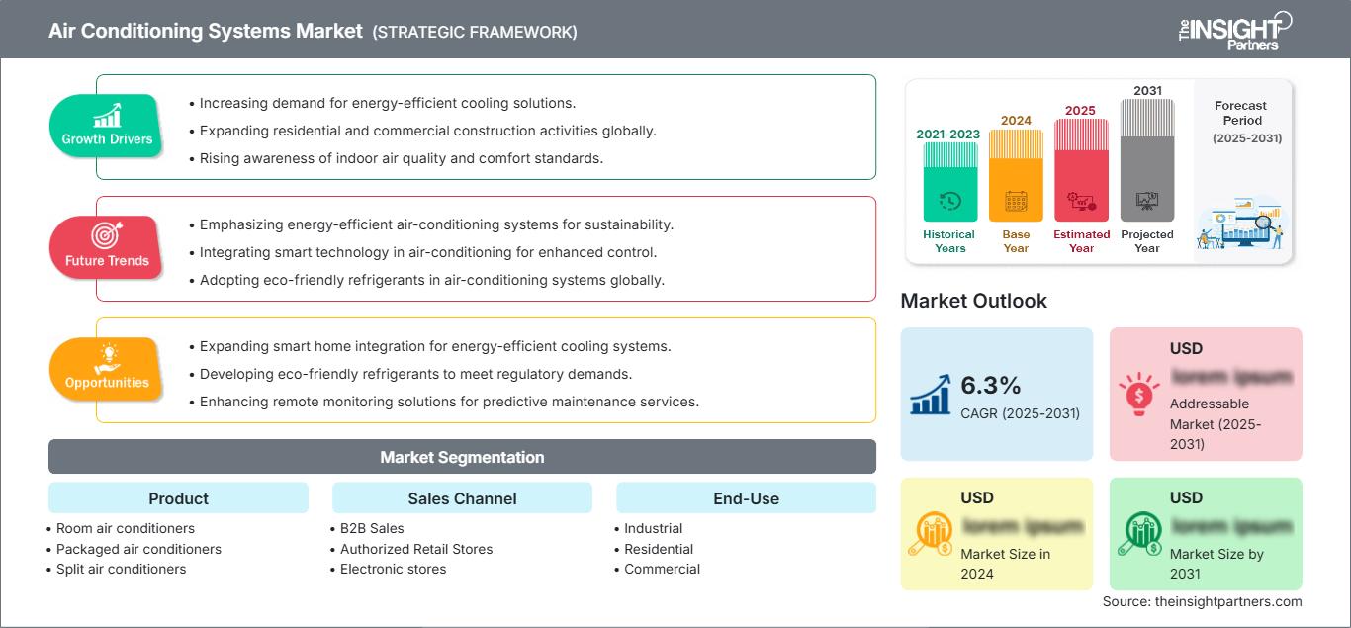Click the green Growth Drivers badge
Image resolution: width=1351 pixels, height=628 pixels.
(x=107, y=126)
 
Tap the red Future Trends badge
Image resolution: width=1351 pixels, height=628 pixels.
(x=107, y=247)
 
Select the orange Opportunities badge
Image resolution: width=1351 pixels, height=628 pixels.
(x=107, y=369)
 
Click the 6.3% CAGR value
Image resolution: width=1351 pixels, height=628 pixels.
(x=990, y=385)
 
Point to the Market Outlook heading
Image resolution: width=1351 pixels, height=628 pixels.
(x=973, y=301)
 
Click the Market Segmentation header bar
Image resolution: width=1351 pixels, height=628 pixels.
(x=462, y=457)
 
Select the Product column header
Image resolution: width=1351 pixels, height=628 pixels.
(x=178, y=498)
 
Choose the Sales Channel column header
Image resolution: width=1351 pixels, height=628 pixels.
(x=462, y=498)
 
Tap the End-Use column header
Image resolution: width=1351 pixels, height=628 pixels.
(x=746, y=498)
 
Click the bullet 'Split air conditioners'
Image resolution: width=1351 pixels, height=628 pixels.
(x=121, y=569)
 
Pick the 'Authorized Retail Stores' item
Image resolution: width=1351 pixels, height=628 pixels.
(x=415, y=549)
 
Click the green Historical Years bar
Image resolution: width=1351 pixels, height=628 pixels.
(x=949, y=182)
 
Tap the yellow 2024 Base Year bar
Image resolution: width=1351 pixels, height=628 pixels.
(x=1016, y=176)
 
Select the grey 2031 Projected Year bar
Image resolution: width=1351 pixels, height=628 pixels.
(x=1147, y=160)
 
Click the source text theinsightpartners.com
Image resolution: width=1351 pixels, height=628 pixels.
(x=1202, y=601)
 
